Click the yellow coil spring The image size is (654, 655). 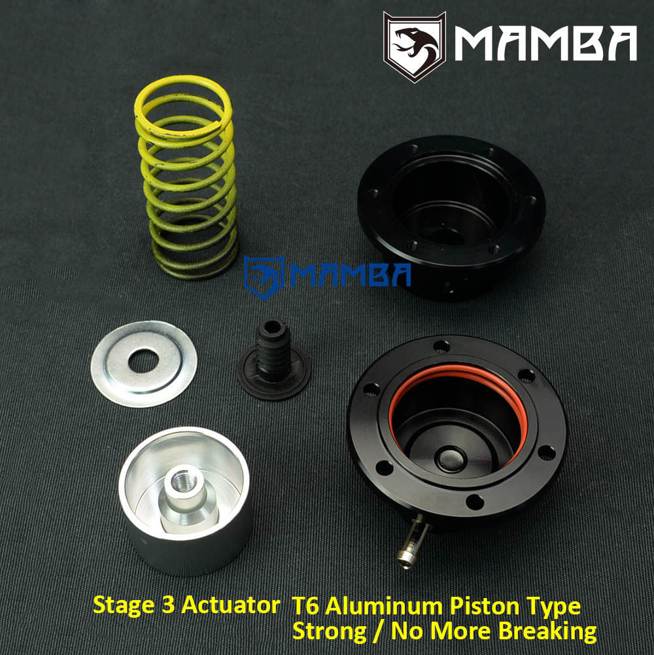[186, 177]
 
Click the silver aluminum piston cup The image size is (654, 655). [186, 523]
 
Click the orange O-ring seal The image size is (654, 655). [458, 380]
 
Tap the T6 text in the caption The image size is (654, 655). [302, 606]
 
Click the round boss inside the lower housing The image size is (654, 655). [451, 458]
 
